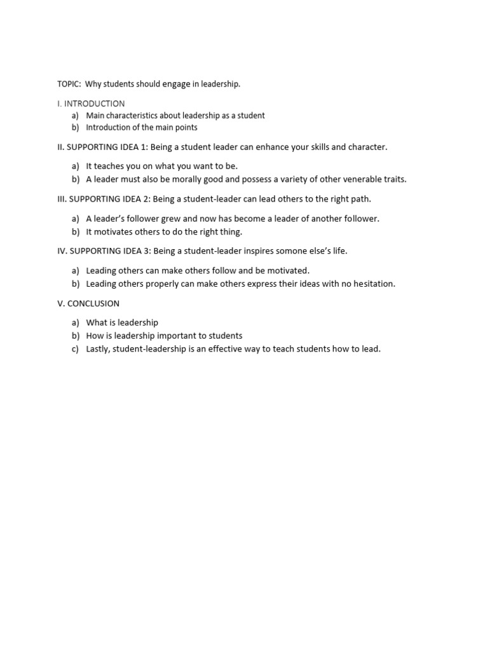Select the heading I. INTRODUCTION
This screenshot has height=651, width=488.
pos(91,104)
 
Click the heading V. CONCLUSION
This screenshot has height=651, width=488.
pos(88,303)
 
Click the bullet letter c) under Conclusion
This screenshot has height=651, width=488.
pos(75,349)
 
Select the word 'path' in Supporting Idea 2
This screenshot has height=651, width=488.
pos(360,199)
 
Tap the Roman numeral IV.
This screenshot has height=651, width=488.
pos(62,251)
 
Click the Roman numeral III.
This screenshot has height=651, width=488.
pos(61,199)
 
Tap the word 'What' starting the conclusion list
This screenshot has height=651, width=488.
pos(97,322)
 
